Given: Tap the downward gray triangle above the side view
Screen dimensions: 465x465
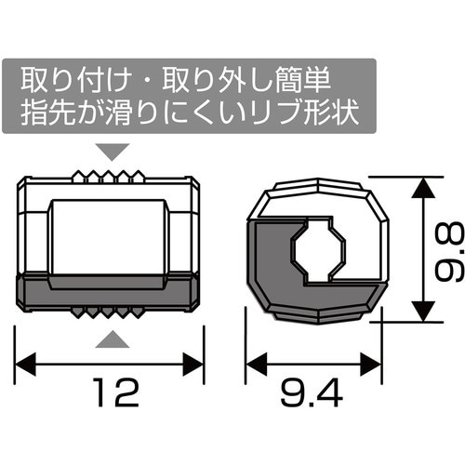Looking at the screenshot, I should pos(111,149).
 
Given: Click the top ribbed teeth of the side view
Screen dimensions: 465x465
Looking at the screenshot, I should pos(111,176).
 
